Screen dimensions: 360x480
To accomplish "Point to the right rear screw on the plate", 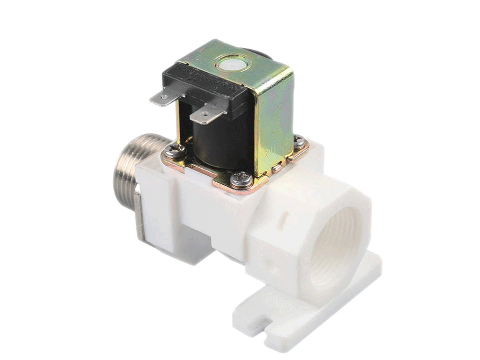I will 299,142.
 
